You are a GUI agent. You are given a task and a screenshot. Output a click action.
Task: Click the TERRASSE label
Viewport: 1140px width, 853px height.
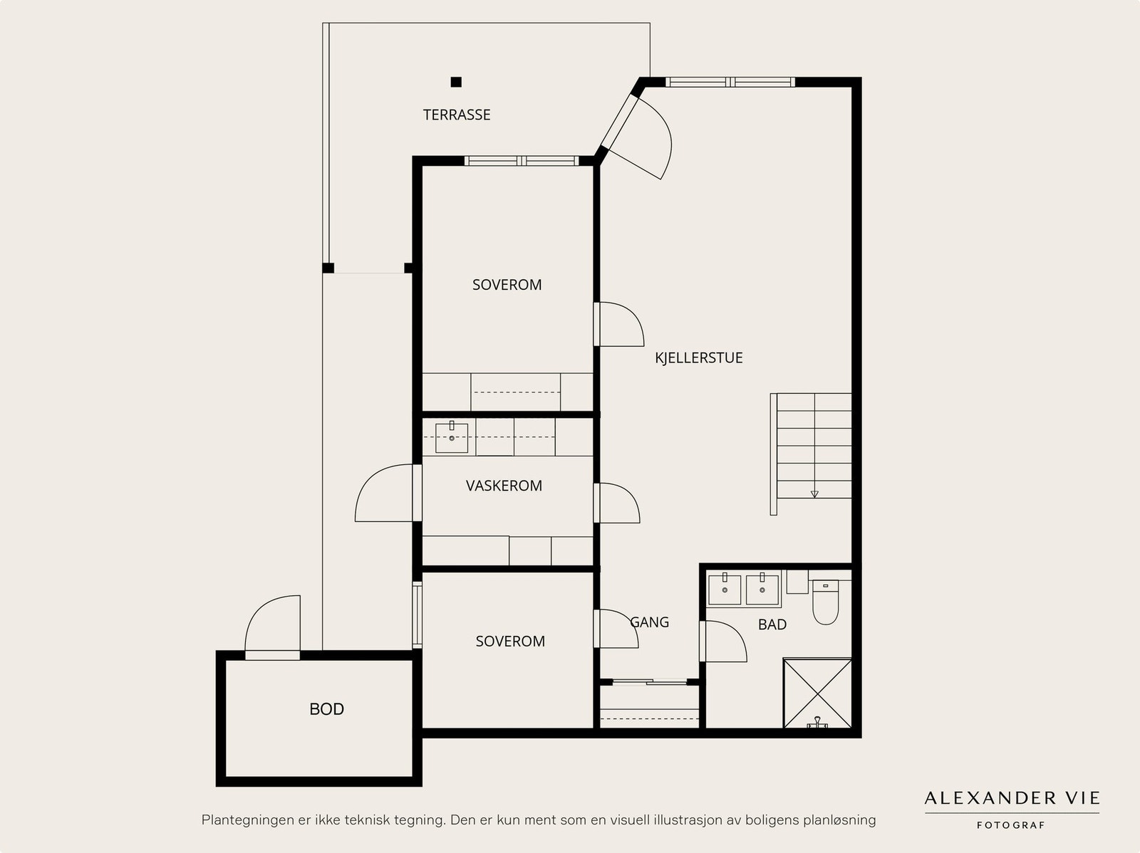[457, 115]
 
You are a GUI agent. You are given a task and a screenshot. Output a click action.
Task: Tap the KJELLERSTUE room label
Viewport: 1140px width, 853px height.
[698, 358]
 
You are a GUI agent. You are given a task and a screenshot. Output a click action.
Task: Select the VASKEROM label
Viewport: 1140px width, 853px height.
[504, 486]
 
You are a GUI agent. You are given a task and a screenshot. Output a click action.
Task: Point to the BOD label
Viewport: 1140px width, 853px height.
[326, 709]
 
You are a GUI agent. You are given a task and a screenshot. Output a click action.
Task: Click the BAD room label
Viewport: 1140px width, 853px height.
[772, 624]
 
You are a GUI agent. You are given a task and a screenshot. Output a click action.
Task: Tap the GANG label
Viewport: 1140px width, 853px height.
[649, 622]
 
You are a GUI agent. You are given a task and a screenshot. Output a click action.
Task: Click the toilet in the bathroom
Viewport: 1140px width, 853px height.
[825, 602]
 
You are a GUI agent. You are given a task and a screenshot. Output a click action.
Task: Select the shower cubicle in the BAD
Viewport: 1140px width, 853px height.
[817, 694]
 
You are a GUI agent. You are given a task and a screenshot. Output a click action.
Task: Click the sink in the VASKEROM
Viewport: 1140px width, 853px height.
[451, 437]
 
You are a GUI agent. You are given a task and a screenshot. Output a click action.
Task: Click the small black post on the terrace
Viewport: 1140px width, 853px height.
[456, 82]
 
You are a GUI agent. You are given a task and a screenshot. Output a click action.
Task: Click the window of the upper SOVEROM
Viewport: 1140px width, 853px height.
[522, 161]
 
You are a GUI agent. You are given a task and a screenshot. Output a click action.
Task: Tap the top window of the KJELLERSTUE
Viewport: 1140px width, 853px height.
[730, 82]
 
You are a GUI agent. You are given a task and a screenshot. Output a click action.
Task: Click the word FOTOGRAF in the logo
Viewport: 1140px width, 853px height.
[1010, 825]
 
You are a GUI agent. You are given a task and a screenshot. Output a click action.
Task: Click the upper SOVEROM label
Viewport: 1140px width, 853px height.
[507, 285]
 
